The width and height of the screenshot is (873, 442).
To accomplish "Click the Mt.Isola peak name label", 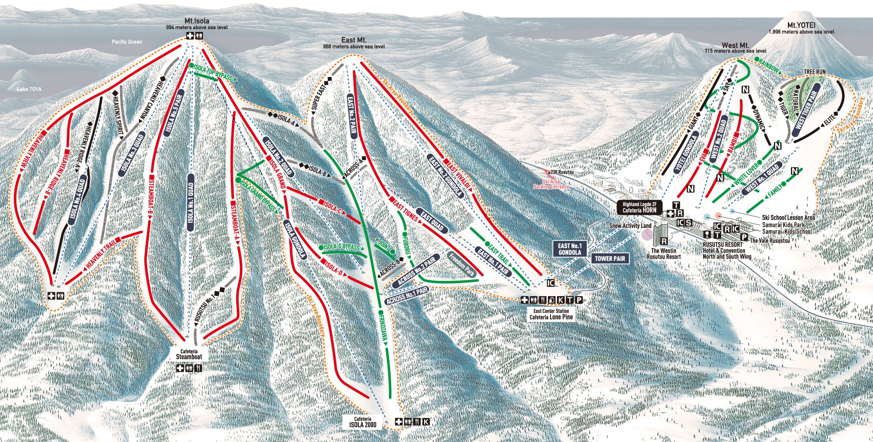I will [x=197, y=21].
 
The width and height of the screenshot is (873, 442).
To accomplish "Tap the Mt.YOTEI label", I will [x=801, y=26].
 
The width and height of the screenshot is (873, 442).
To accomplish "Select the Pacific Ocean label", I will [x=127, y=42].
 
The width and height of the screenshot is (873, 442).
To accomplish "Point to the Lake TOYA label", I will [x=29, y=89].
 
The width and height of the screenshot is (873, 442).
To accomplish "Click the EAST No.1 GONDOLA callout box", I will [x=570, y=249].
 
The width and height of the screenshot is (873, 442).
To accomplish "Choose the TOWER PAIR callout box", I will [x=610, y=259].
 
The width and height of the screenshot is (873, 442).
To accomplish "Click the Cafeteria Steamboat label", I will [x=189, y=354].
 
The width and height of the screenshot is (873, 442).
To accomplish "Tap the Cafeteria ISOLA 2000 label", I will [x=362, y=422].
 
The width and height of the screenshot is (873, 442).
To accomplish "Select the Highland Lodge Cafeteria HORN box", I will [x=639, y=207].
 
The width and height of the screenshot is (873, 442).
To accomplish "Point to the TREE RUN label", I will [x=815, y=72].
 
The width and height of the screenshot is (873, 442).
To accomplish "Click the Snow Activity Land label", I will [x=630, y=226].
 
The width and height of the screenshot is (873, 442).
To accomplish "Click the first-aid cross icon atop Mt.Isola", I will [x=190, y=36].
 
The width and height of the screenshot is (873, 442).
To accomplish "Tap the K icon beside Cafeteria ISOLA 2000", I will [x=426, y=422].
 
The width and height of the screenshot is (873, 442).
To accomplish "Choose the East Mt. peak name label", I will [x=354, y=40].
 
